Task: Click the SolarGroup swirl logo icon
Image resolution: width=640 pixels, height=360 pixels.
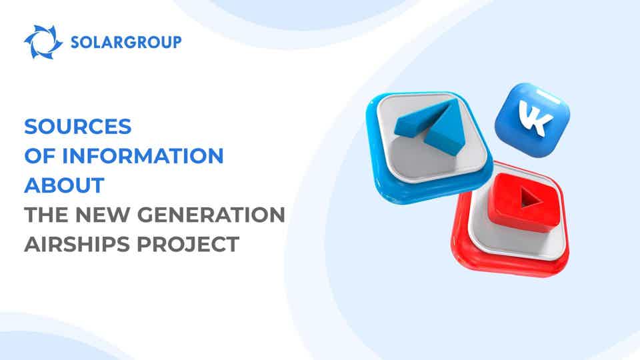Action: [x=43, y=42]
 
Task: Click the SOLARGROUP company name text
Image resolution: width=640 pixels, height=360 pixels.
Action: [x=126, y=42]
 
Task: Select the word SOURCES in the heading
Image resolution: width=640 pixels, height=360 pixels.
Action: [x=78, y=126]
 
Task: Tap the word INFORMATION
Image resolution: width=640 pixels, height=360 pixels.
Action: [x=143, y=155]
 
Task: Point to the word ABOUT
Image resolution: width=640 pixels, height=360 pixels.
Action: [x=65, y=185]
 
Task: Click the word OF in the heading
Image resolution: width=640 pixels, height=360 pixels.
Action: [x=39, y=155]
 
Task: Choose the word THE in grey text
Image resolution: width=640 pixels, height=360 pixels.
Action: [x=46, y=215]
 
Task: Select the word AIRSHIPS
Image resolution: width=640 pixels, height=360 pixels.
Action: [x=77, y=244]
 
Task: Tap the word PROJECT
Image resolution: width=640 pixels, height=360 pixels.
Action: [x=188, y=244]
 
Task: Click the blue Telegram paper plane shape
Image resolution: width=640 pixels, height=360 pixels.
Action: [x=429, y=127]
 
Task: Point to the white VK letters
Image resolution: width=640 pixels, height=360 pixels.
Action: [x=536, y=118]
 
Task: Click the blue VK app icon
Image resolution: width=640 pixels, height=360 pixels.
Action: [x=532, y=120]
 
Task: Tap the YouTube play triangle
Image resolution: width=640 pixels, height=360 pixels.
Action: [x=530, y=199]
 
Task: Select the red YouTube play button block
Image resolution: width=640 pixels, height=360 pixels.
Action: [x=523, y=203]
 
